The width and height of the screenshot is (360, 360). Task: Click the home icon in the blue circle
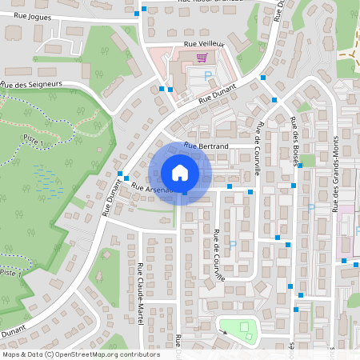click(x=179, y=172)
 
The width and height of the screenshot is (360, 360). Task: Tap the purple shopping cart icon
click(x=202, y=57)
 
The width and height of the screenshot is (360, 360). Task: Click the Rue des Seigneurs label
click(x=31, y=86)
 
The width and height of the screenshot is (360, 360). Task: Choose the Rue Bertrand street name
click(x=206, y=146)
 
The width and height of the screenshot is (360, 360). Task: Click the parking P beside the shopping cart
click(x=208, y=74)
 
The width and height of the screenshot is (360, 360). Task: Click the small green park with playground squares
click(x=241, y=329)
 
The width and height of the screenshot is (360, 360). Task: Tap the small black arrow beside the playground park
click(x=222, y=331)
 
